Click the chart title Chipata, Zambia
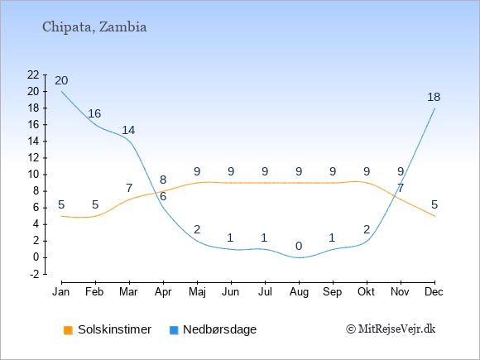[94, 27]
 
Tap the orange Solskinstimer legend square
[68, 330]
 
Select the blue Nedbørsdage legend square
[174, 330]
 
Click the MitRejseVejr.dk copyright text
[391, 329]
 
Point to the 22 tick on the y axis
[33, 74]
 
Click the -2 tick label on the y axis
[35, 274]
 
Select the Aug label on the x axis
[299, 292]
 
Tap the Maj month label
[197, 292]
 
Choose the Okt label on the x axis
[367, 292]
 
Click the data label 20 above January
[61, 80]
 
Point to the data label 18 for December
[434, 97]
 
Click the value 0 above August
[299, 246]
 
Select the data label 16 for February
[94, 113]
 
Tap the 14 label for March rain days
[128, 131]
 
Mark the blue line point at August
[299, 257]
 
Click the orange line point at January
[61, 216]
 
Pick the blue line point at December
[434, 108]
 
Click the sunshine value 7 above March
[129, 188]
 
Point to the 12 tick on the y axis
[33, 158]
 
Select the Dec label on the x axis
[434, 292]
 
